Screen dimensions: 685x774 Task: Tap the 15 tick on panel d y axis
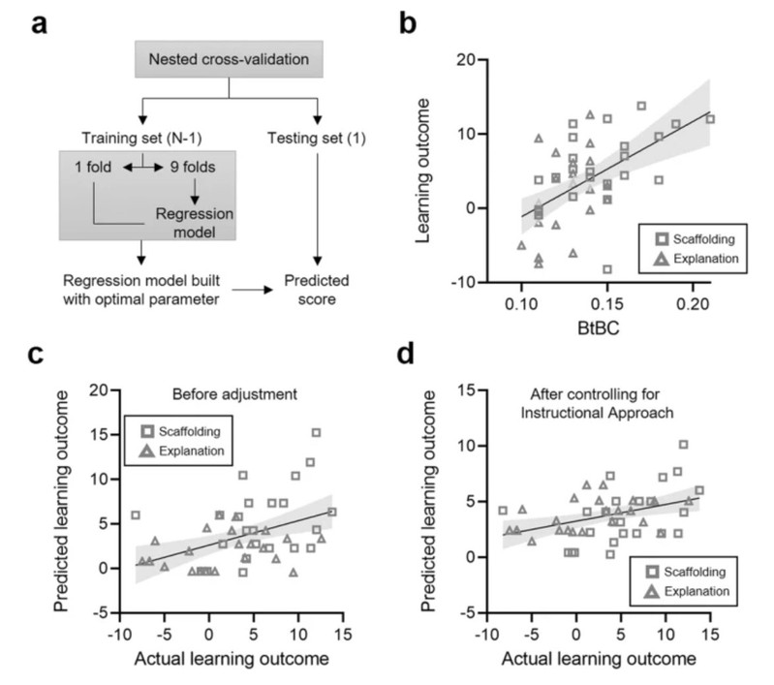point(461,391)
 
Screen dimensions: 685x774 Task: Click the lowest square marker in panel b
point(606,269)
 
